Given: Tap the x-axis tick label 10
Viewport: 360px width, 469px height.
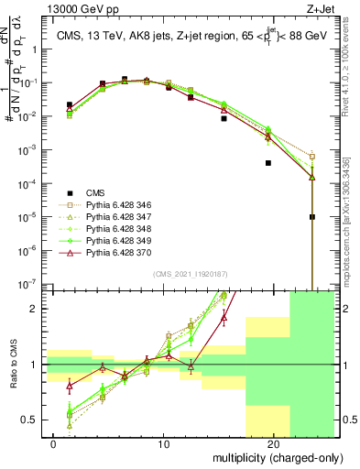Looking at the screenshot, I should tap(164, 443).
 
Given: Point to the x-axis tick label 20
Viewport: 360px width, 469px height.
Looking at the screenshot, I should tap(274, 443).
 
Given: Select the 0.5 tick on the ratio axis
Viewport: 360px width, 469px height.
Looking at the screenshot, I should tap(31, 420).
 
